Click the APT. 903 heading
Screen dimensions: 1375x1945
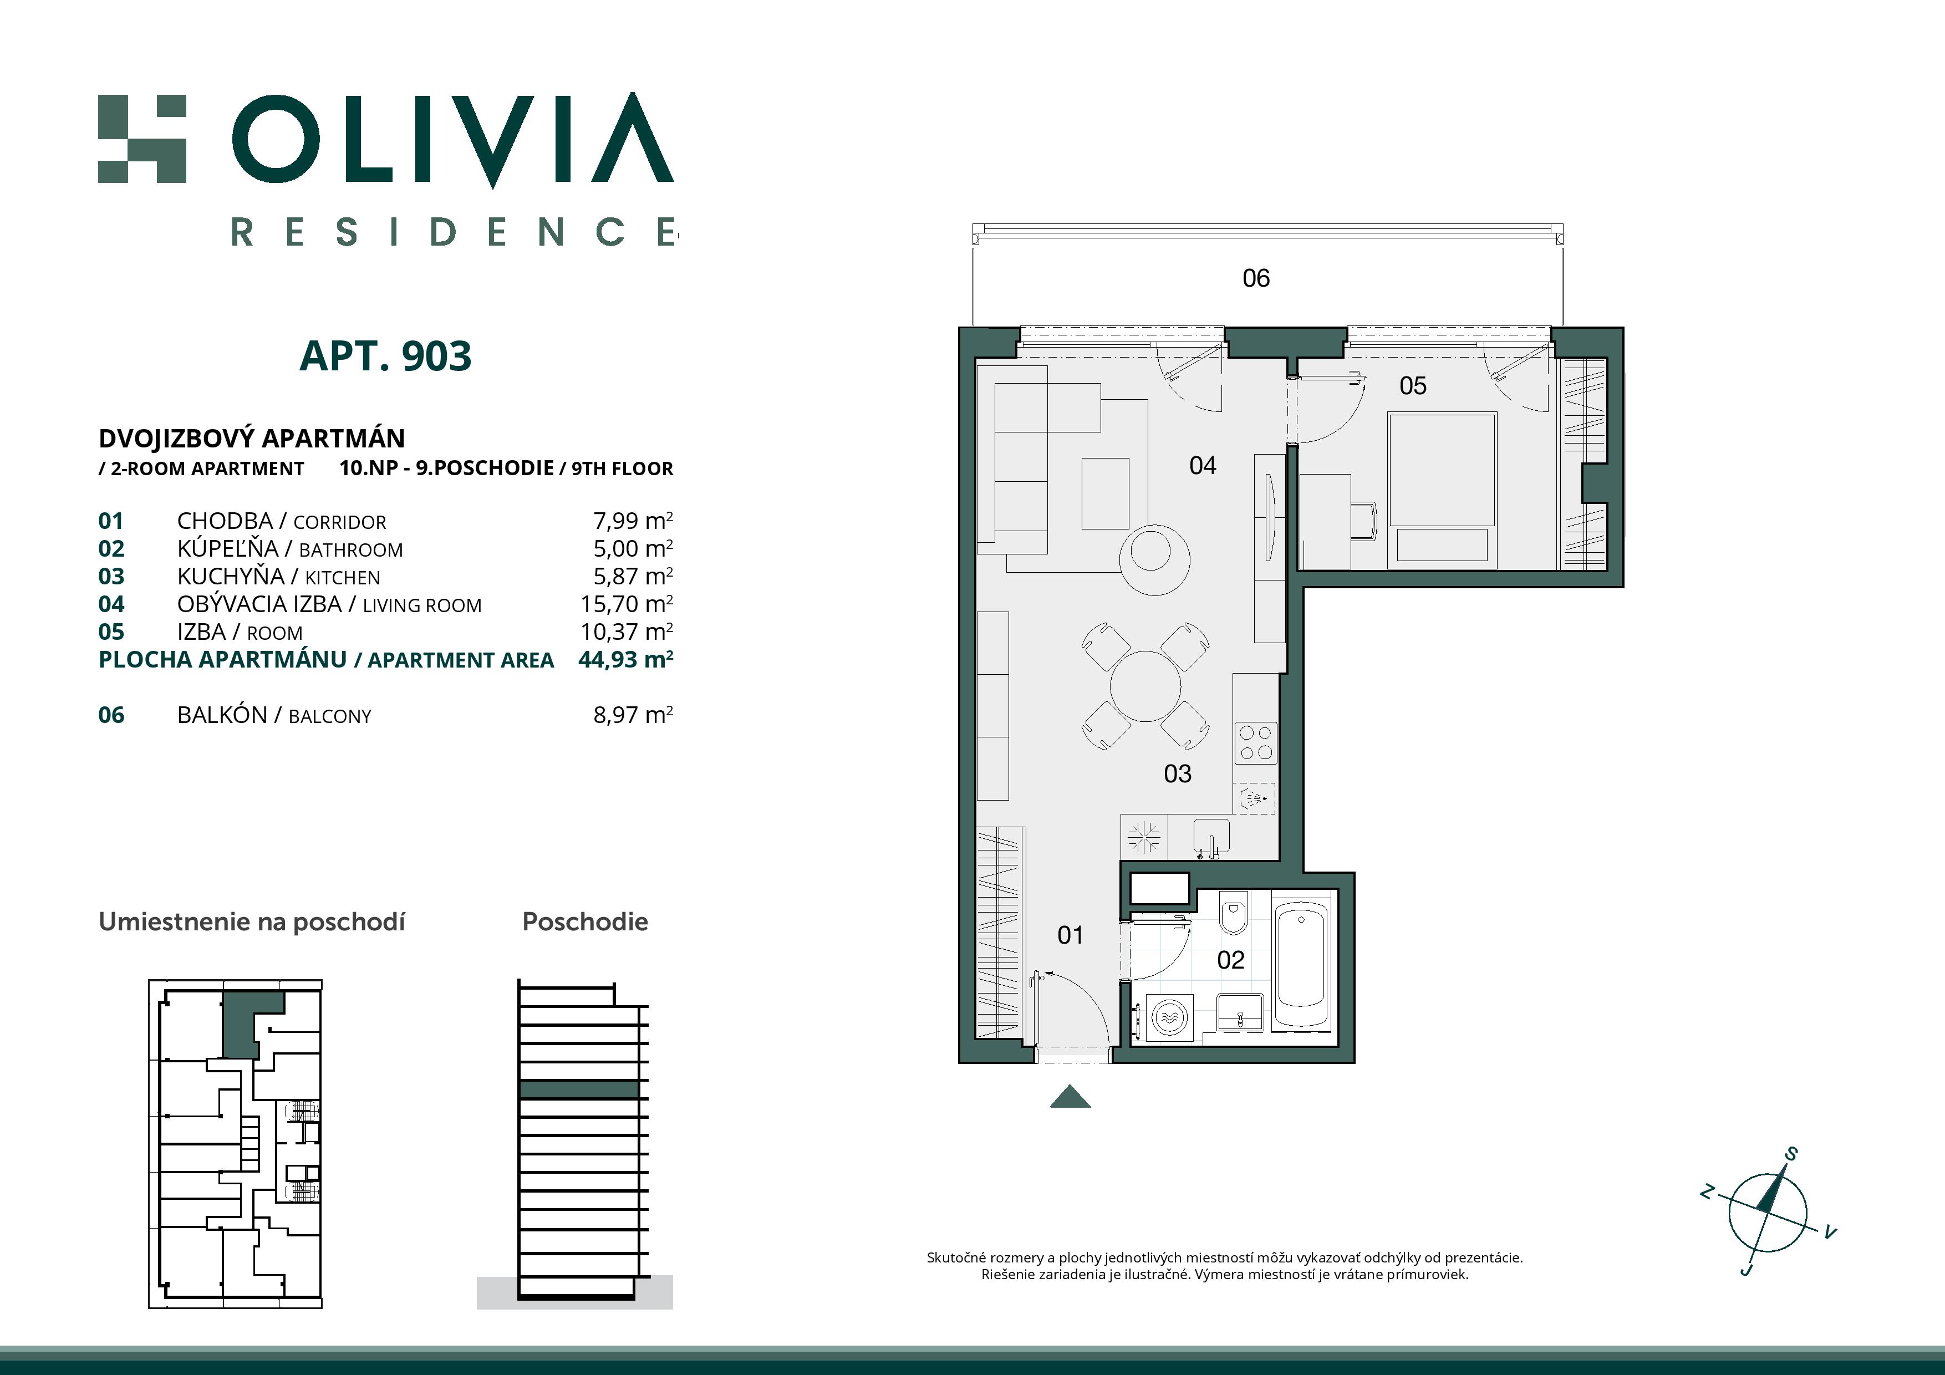pos(385,356)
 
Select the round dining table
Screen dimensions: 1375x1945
pos(1145,686)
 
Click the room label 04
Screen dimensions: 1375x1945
pos(1202,465)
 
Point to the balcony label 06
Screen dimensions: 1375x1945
pos(1255,278)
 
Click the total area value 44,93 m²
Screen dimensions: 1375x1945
pos(625,659)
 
